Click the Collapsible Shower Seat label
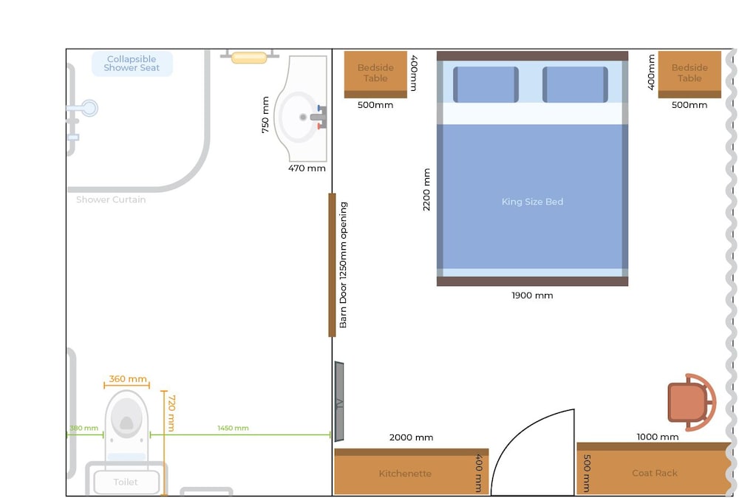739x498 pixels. (x=132, y=63)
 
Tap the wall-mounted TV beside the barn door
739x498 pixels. (x=339, y=401)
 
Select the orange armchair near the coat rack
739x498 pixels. (x=692, y=403)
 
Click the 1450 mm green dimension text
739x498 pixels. (x=233, y=429)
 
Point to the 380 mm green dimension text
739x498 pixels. (x=84, y=429)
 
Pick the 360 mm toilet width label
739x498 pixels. (x=128, y=379)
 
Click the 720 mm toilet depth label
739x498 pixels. (x=171, y=413)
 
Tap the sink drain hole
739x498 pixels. (x=302, y=117)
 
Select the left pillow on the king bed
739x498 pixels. (x=486, y=84)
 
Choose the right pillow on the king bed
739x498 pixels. (x=575, y=84)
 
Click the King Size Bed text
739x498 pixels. (x=532, y=202)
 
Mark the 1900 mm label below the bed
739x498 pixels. (x=532, y=296)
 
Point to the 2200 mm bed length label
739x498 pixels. (x=426, y=189)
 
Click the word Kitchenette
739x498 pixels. (x=405, y=474)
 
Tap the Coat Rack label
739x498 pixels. (x=655, y=473)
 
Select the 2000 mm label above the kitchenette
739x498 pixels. (x=411, y=437)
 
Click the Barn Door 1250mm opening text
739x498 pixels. (x=343, y=265)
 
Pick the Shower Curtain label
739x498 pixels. (x=111, y=199)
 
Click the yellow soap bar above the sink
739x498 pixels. (x=249, y=58)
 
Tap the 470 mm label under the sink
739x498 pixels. (x=307, y=168)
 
